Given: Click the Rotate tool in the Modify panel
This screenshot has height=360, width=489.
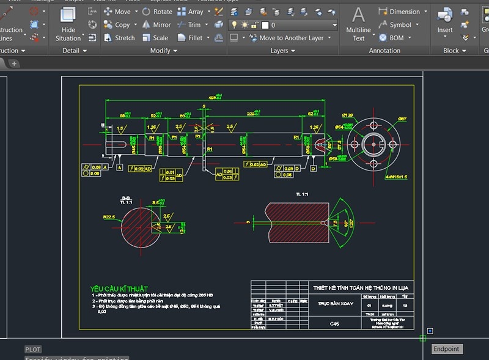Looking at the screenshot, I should pos(157,12).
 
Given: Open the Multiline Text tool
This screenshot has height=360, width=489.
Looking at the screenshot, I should pos(359,24).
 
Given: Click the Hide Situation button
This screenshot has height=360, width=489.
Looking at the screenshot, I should pos(68,24).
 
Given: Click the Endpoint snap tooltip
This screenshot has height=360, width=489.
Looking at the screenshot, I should pos(447,349).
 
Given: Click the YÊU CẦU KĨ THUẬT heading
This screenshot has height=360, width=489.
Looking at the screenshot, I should pos(119,288).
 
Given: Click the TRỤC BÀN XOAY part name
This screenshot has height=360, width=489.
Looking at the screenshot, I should pos(335,303).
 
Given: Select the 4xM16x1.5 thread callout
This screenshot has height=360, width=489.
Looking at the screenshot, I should pos(396,177).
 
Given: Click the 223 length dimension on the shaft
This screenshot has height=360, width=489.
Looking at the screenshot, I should pos(251,114).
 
